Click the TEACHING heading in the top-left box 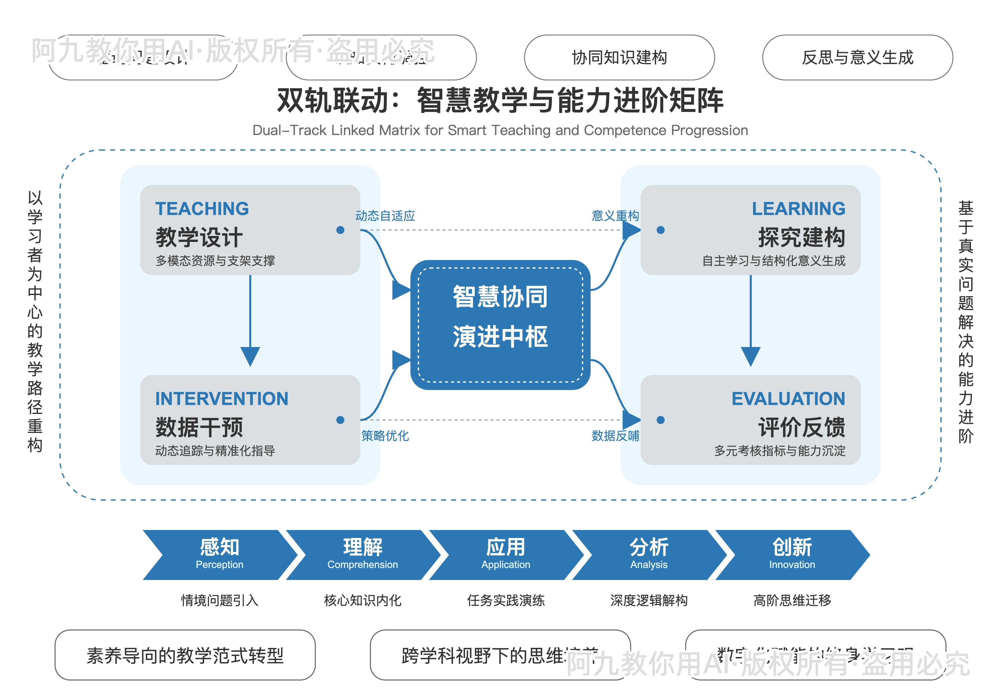click(x=202, y=209)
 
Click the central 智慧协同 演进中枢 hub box click(x=500, y=324)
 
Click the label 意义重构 click(x=615, y=215)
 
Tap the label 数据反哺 click(x=615, y=435)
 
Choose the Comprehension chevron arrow click(x=362, y=554)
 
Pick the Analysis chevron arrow click(x=649, y=554)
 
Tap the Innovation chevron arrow click(x=792, y=554)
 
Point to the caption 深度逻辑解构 click(x=649, y=600)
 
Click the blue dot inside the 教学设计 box click(x=340, y=230)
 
